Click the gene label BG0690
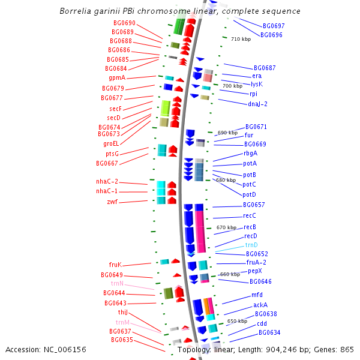[x=124, y=23]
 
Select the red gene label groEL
[x=111, y=143]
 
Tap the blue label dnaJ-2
[x=257, y=104]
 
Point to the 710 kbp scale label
[x=241, y=39]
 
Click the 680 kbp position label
[x=226, y=180]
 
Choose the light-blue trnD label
[x=251, y=245]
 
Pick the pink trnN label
[x=117, y=283]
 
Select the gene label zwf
[x=112, y=202]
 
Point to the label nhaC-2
[x=107, y=181]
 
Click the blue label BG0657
[x=254, y=205]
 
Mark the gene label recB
[x=250, y=227]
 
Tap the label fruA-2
[x=256, y=262]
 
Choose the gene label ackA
[x=260, y=305]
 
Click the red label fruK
[x=115, y=265]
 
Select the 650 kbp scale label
[x=237, y=321]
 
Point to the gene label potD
[x=249, y=194]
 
